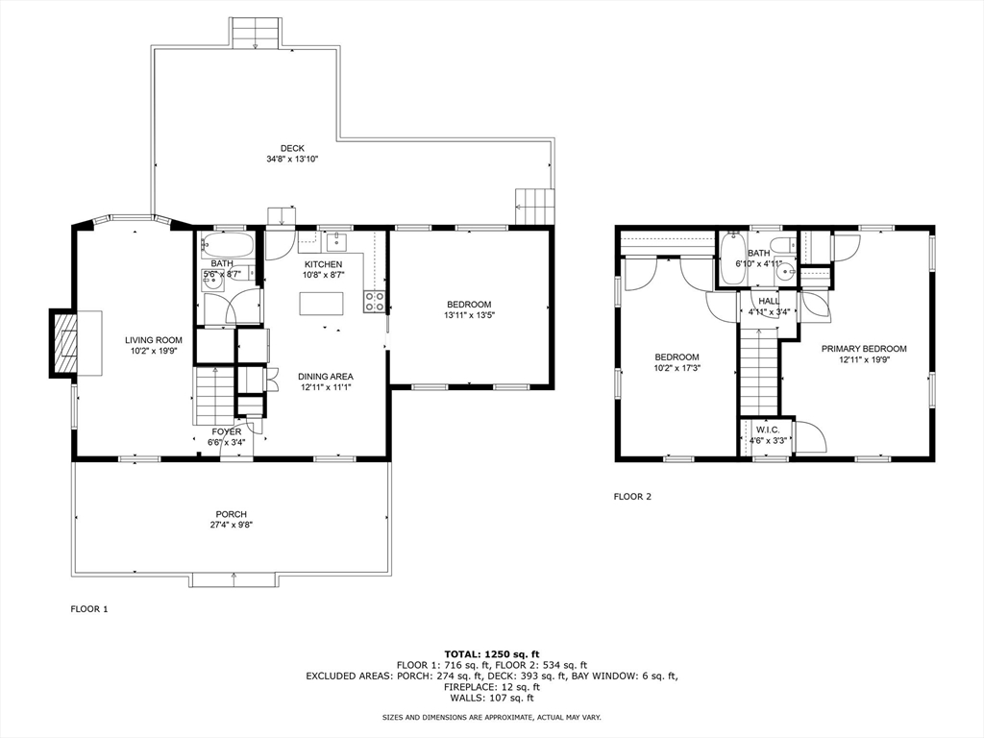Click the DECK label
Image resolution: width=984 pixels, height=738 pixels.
tap(292, 148)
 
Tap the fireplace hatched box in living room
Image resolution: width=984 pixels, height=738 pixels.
tap(64, 343)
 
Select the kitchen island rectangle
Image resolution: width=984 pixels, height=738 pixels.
tap(322, 304)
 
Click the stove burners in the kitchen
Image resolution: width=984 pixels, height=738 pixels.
tap(375, 301)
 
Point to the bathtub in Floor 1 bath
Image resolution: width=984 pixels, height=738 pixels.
tap(228, 244)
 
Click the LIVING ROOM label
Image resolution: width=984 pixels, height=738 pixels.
tap(154, 340)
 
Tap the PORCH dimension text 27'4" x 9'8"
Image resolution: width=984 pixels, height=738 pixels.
tap(232, 526)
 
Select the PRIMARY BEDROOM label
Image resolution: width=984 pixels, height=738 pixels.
tap(864, 349)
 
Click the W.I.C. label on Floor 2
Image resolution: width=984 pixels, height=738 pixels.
tap(768, 430)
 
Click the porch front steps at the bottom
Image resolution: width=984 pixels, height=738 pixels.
tap(234, 580)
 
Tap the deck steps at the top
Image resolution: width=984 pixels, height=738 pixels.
tap(255, 34)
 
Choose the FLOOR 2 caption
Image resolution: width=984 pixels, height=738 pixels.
tap(632, 497)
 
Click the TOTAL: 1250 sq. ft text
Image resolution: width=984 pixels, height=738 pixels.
tap(492, 653)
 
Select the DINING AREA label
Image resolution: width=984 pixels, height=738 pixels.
tap(326, 377)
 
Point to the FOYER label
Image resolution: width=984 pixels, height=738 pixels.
tap(227, 431)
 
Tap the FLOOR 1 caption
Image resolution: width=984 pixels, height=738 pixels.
tap(89, 608)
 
